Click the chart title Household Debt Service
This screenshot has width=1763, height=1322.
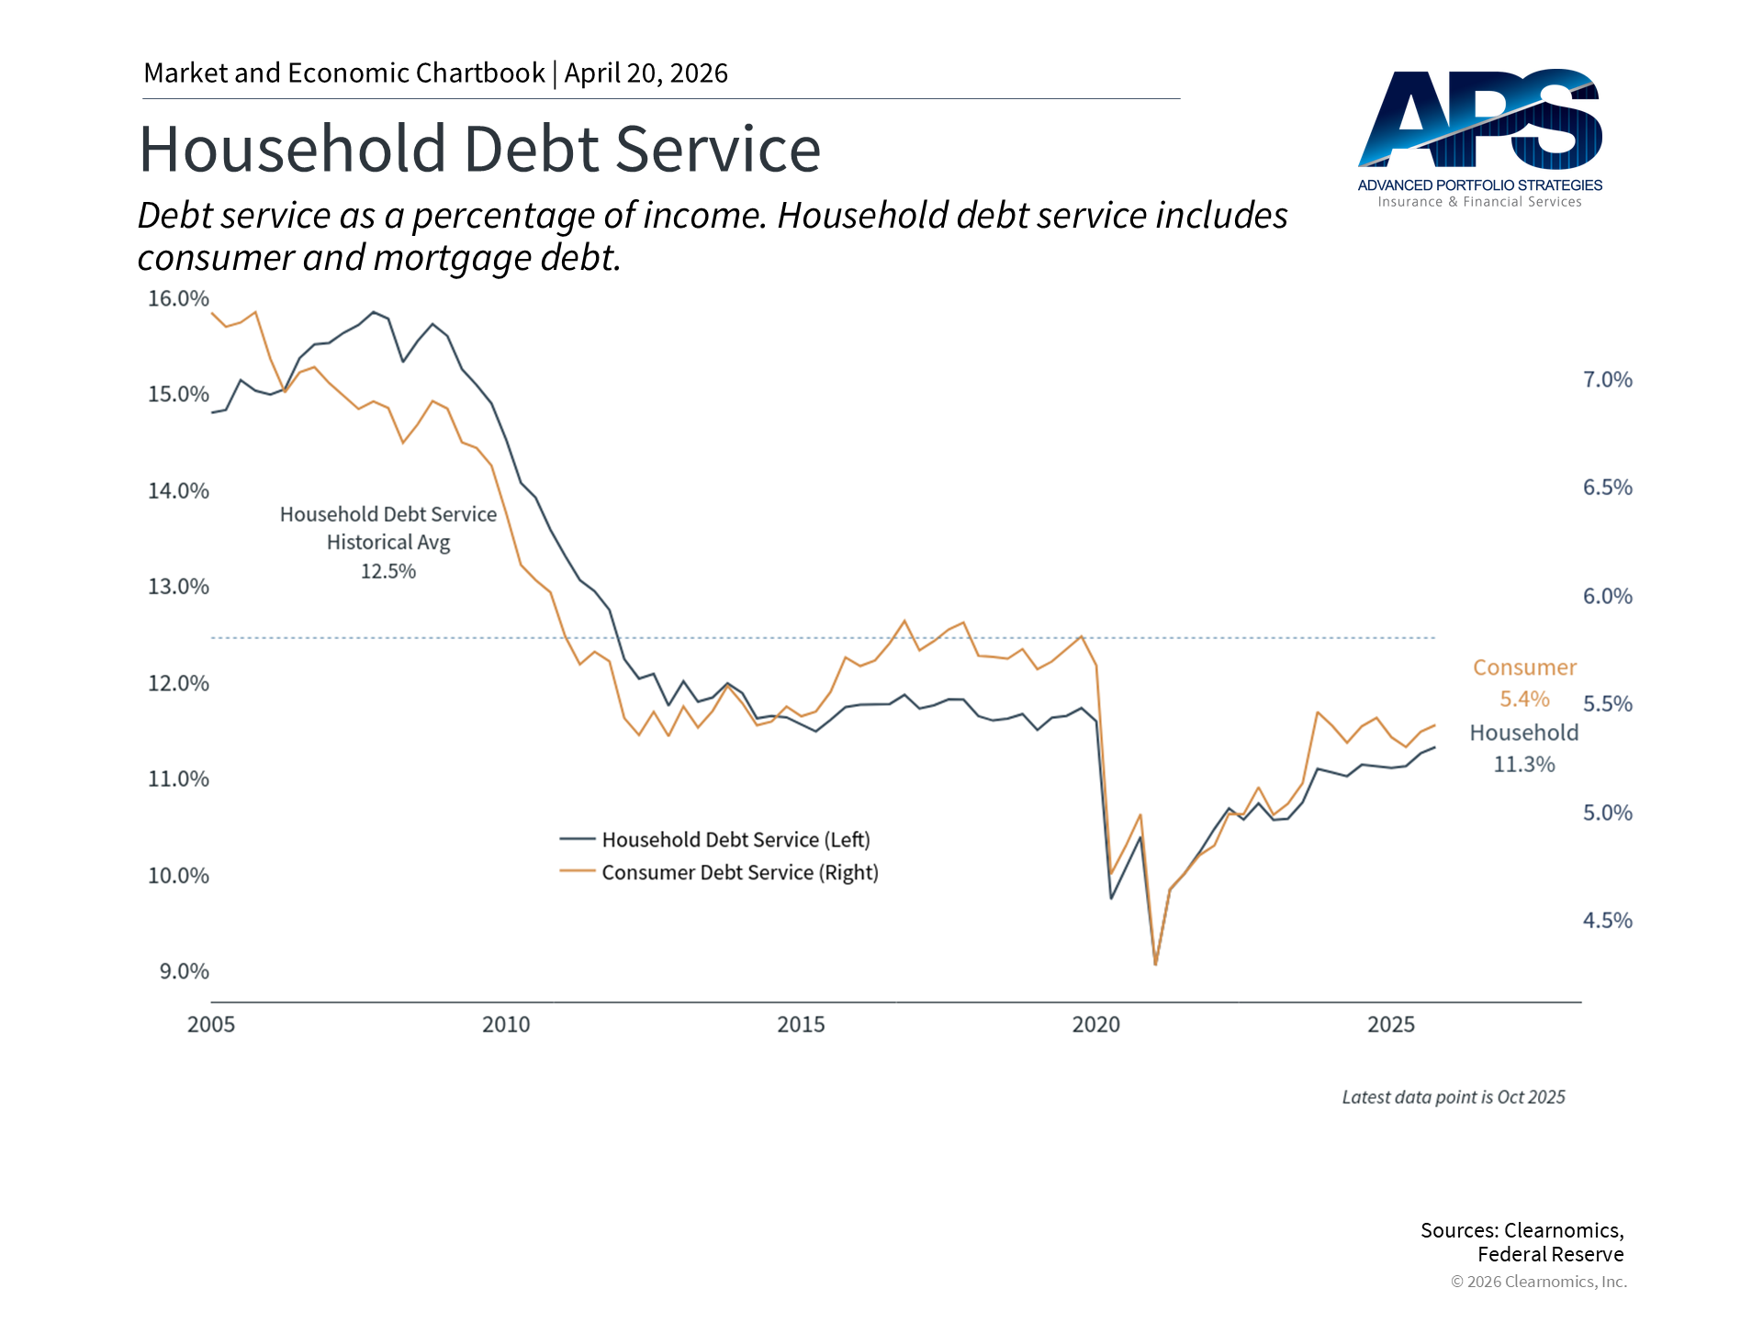[x=479, y=150]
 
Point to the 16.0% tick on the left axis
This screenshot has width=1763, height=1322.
[x=178, y=298]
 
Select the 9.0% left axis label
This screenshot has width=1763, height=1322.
[x=184, y=971]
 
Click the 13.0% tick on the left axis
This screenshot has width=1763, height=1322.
[x=178, y=587]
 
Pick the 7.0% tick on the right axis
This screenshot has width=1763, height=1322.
[x=1607, y=380]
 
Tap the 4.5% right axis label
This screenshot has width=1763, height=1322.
[x=1607, y=921]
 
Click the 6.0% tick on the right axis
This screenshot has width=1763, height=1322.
[x=1607, y=597]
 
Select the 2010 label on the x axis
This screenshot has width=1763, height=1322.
[x=506, y=1025]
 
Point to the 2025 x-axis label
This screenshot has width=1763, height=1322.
[x=1390, y=1025]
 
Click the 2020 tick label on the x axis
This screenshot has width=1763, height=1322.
[x=1095, y=1025]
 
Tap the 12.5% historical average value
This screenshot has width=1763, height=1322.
[x=387, y=572]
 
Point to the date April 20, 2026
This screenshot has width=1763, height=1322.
[x=646, y=73]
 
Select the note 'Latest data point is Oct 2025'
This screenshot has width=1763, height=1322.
[x=1453, y=1097]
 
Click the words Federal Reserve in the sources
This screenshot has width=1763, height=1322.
[x=1550, y=1255]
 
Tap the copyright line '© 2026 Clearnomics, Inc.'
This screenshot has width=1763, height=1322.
[x=1538, y=1282]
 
